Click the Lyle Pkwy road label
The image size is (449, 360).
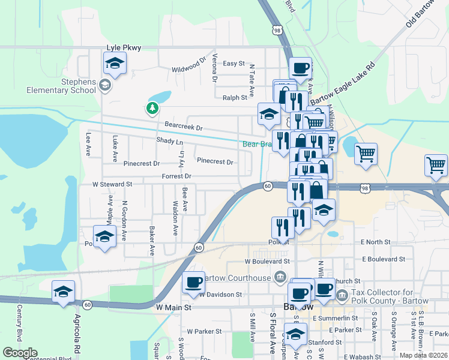coord(123,47)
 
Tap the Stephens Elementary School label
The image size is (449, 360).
coord(61,86)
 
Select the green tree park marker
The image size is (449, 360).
coord(152,108)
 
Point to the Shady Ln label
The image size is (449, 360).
coord(169,141)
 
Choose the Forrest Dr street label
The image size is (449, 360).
coord(176,176)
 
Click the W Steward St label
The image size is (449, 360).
coord(112,185)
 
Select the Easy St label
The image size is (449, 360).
coord(234,63)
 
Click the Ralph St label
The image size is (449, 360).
coord(235,97)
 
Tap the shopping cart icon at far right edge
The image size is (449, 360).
coord(436,165)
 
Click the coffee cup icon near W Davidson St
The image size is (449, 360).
coord(193,283)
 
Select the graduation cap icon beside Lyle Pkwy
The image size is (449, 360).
coord(115,63)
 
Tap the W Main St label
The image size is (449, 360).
coord(173,307)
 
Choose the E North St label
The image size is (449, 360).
coord(376,242)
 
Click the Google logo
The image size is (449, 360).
coord(20,353)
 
